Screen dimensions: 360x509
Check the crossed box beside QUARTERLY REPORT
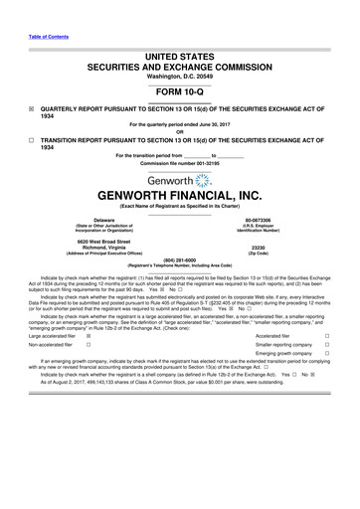pyautogui.click(x=30, y=99)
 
